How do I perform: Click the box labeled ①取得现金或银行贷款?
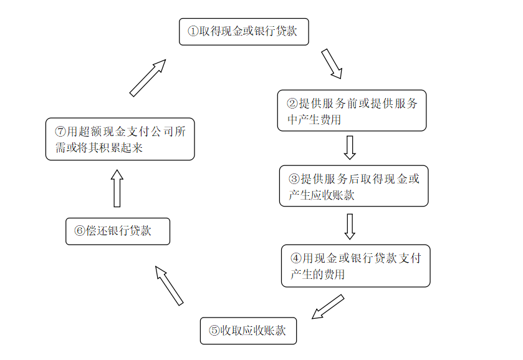coord(244,32)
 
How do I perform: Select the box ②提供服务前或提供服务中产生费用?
coord(352,110)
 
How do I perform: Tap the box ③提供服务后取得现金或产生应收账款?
coord(354,186)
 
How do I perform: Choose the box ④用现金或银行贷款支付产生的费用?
coord(356,266)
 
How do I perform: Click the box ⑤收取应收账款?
coord(249,331)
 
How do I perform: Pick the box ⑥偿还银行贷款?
coord(118,231)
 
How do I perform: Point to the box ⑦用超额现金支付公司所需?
coord(120,139)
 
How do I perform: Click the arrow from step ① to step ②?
coord(332,64)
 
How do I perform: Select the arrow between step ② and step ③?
coord(350,147)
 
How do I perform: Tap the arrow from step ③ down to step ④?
coord(350,226)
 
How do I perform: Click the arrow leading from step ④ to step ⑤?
coord(327,307)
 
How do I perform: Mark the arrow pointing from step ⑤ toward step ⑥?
coord(169,286)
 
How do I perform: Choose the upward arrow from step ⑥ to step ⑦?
coord(117,188)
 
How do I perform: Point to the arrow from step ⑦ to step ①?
coord(148,78)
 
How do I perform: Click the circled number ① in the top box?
coord(193,31)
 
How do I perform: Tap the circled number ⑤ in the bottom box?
coord(214,331)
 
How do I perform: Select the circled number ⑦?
coord(60,131)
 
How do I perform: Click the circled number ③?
coord(294,178)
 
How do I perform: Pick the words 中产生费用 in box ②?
coord(314,120)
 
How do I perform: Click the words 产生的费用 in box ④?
coord(317,275)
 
